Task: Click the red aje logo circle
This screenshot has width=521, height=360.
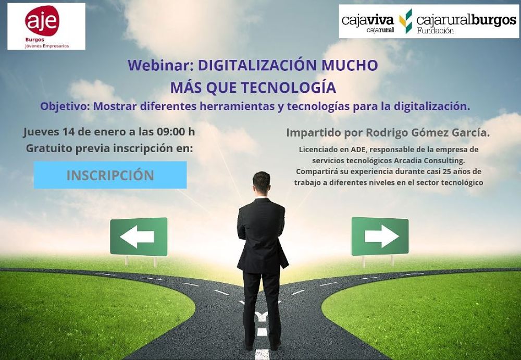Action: pos(42,21)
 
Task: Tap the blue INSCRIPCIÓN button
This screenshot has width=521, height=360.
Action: pos(110,175)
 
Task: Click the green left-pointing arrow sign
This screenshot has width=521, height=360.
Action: pos(139,237)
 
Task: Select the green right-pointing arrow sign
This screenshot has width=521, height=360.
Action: pos(380,237)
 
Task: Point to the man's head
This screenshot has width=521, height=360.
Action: pos(262,182)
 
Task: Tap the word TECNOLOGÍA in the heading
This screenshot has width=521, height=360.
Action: pos(289,88)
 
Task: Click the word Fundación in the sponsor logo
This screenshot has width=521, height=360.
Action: pos(436,31)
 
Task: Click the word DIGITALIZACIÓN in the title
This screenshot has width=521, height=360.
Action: pos(257,65)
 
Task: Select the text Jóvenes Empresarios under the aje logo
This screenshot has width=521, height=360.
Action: pos(47,46)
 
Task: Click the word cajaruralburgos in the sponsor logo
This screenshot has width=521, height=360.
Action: pos(466,21)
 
